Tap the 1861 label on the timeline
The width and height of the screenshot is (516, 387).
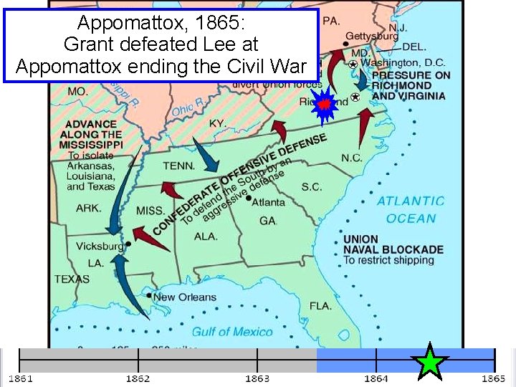click(20, 378)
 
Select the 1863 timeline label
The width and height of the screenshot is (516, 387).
click(257, 378)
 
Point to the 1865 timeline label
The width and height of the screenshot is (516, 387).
click(493, 378)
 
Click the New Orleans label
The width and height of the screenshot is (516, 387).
click(184, 297)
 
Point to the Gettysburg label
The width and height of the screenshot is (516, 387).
click(372, 35)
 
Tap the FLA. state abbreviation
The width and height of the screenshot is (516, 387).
click(320, 306)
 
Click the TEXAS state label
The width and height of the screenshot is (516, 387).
click(72, 279)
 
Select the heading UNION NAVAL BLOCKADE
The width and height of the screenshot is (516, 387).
click(393, 244)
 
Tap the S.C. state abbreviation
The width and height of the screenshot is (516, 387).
click(311, 186)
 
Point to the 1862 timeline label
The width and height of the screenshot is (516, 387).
click(138, 378)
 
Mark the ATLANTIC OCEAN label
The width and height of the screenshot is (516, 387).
click(411, 210)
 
